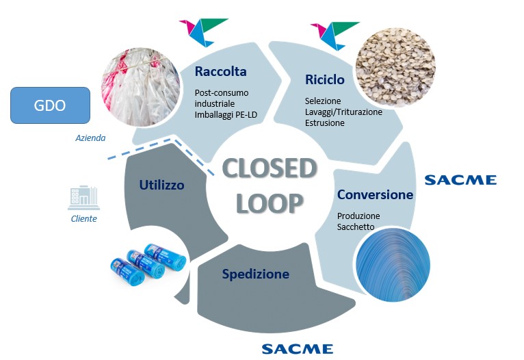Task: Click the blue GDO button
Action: pos(50,105)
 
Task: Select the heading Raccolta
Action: pos(220,71)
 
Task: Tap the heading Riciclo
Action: pos(324,80)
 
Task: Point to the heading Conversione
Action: pos(375,194)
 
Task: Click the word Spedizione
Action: pos(255,274)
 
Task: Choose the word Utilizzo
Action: pos(161,184)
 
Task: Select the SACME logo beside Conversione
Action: pos(460,180)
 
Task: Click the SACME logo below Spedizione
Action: pos(297,348)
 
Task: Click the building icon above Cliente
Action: pos(83,198)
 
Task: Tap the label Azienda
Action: pos(90,138)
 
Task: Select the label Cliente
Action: pos(83,219)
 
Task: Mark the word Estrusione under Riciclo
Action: pos(324,123)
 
